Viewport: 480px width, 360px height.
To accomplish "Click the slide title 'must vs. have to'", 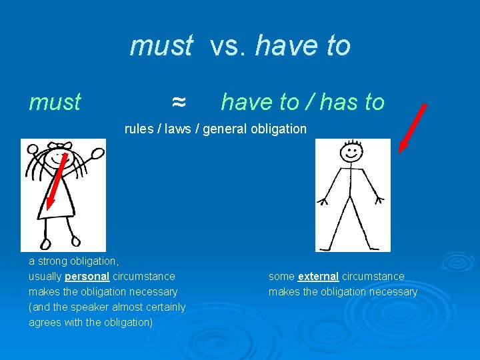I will tap(240, 46).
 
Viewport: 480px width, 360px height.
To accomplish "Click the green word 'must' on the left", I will tap(55, 102).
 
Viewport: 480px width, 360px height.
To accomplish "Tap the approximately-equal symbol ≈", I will tap(178, 102).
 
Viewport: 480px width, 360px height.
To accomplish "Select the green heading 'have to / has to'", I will tap(303, 102).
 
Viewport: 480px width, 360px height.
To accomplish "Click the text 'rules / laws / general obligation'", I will tap(215, 129).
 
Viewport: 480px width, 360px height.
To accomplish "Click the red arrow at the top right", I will tap(412, 128).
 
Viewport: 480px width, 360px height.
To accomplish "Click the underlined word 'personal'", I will tap(87, 276).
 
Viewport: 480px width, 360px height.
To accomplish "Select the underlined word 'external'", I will tap(319, 276).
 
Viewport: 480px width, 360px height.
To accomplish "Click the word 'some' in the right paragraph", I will tap(281, 276).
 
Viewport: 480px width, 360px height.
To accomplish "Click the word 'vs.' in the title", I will tap(228, 46).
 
